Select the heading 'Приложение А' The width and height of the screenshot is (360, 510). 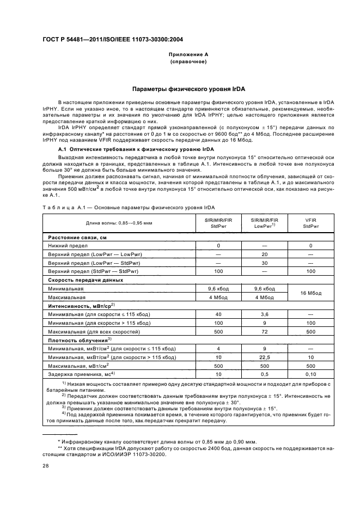[188, 55]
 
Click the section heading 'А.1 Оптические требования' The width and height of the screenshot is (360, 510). [136, 149]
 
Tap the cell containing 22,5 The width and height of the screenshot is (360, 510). [264, 357]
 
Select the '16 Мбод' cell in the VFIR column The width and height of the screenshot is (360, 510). [310, 293]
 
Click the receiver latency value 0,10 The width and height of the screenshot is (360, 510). [310, 374]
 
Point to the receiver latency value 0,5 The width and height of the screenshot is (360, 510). [264, 374]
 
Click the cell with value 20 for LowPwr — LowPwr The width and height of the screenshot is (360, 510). [264, 254]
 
